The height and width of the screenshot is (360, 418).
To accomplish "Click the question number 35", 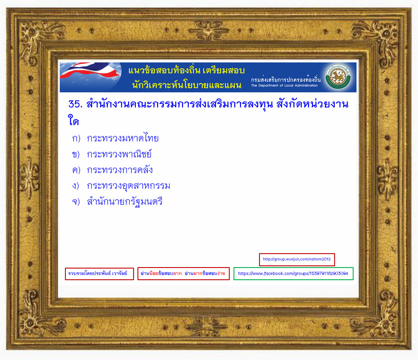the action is pos(75,104).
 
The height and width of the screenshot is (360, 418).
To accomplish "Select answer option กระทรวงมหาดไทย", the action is pos(122,138).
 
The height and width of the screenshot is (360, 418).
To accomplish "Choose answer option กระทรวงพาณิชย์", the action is pos(119,154).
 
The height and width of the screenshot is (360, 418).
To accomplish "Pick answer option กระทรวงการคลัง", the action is pos(120,170).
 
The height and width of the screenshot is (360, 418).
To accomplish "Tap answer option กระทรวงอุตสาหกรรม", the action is pos(129,186).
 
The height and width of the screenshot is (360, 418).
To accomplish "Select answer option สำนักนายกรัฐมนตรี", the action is pos(124,202).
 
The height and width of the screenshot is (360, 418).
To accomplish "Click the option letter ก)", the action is pos(76,138).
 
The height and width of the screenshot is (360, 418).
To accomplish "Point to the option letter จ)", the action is pos(76,202).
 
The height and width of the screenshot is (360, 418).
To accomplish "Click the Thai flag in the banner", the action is pos(90,71).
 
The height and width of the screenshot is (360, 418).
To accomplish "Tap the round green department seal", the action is pos(338,77).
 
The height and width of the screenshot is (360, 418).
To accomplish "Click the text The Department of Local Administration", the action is pos(284,86).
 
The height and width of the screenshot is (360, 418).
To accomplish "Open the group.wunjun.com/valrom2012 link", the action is pos(297,260).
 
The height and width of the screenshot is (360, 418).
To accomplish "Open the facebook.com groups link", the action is pos(294,273).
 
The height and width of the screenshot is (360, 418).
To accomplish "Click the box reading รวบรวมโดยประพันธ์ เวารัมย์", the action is pos(99,274).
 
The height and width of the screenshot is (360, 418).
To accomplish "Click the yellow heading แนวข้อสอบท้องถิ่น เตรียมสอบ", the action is pos(187,70).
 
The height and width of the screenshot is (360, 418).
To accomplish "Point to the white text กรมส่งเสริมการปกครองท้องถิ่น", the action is pos(286,79).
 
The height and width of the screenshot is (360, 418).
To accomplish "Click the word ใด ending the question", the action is pos(73,120).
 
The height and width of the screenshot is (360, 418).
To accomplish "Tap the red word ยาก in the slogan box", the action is pos(177,273).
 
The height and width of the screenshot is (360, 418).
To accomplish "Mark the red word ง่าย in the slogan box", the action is pos(221,273).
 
